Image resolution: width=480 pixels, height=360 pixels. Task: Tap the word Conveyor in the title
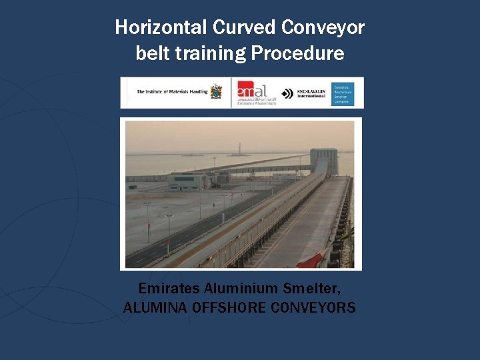click(x=323, y=27)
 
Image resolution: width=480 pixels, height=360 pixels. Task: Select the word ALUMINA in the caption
click(x=155, y=308)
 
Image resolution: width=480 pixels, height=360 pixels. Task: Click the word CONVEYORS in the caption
click(x=315, y=308)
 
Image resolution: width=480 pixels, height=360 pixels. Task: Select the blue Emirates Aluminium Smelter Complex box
click(x=347, y=93)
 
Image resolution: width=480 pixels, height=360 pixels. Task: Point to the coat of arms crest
click(x=216, y=92)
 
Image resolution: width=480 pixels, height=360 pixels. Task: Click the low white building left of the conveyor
click(x=187, y=181)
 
